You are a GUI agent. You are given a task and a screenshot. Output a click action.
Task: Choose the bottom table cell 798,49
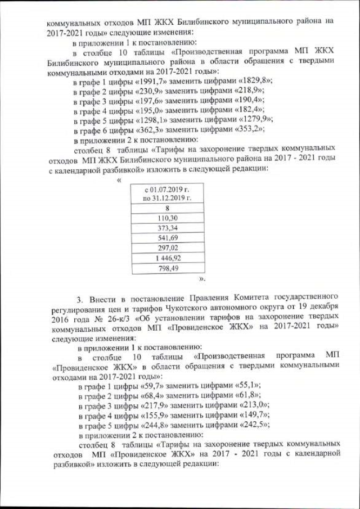tap(168, 268)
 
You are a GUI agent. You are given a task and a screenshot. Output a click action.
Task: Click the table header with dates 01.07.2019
tap(168, 193)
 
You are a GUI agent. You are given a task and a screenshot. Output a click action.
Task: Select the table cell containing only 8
tap(168, 207)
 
